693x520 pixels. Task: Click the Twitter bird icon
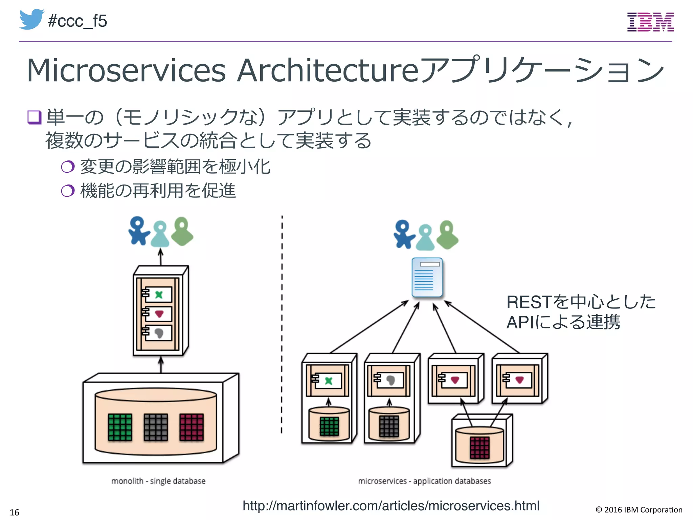coord(31,20)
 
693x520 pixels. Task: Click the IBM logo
coord(650,22)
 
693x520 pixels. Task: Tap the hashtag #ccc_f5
coord(77,21)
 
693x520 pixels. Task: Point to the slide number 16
coord(14,512)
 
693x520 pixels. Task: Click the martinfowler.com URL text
coord(391,505)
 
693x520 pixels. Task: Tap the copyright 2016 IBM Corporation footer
coord(639,510)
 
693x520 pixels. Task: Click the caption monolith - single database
coord(158,481)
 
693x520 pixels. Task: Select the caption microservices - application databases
coord(424,481)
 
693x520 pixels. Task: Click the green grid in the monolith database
coord(120,427)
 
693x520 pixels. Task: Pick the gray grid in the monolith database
coord(156,427)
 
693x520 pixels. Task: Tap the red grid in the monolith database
coord(192,427)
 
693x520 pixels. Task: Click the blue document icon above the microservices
coord(427,277)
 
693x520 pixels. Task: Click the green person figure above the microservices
coord(447,235)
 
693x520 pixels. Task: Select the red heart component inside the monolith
coord(159,314)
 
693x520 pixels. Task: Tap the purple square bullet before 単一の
coord(34,117)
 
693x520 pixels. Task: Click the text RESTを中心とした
coord(581,302)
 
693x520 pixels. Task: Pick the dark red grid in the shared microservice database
coord(479,447)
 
